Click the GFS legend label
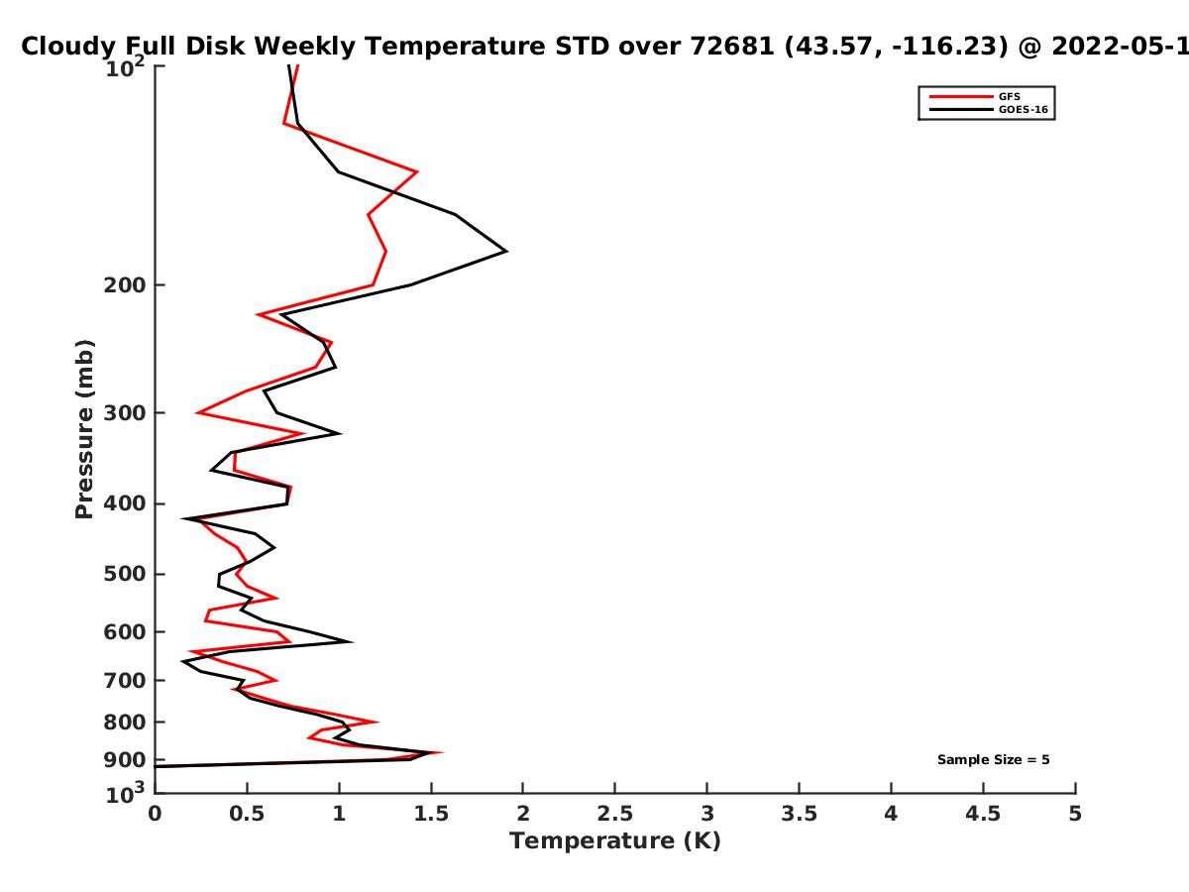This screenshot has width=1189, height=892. pos(1009,96)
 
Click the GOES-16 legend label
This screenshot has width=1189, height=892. pos(1023,109)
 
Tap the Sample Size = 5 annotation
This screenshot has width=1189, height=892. pos(993,759)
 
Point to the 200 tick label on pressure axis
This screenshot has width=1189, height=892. pos(125,284)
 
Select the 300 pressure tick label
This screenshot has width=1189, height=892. pos(125,412)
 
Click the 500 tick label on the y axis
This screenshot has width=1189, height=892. pos(125,574)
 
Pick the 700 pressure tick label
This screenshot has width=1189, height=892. pos(125,680)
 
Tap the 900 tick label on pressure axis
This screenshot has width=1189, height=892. pos(125,759)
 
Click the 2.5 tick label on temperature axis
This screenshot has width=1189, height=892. pos(615,814)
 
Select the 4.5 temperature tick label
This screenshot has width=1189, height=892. pos(983,814)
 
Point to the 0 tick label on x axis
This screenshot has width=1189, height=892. pos(155,814)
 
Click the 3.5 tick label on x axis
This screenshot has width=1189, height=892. pos(799,814)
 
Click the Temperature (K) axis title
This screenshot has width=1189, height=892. pos(615,841)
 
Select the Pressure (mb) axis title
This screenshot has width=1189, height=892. pos(84,429)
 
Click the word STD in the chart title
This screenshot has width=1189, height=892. pos(583,46)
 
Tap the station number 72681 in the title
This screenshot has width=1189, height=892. pos(732,46)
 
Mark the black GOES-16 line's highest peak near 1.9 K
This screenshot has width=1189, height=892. pos(506,251)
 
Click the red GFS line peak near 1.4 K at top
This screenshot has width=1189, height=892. pos(416,171)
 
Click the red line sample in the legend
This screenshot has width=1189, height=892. pos(961,96)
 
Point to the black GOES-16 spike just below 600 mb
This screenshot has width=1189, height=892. pos(352,642)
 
